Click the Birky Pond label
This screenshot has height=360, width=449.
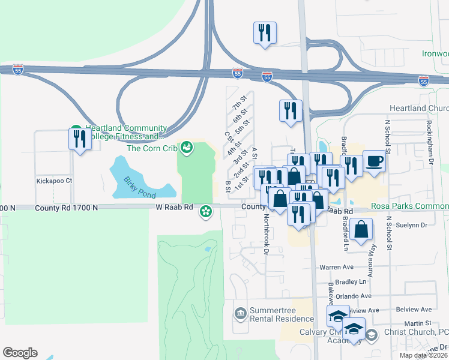[140, 187]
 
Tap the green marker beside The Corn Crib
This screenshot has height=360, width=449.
[187, 148]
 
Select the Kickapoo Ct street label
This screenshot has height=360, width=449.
[54, 180]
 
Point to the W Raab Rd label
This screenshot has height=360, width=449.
[175, 207]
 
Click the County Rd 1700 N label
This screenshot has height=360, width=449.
[66, 208]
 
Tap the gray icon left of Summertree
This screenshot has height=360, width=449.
[240, 313]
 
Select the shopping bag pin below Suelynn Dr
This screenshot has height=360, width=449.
[361, 229]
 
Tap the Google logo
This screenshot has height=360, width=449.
[20, 352]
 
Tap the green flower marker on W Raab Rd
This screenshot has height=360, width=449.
[206, 211]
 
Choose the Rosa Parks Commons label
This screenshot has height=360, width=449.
[409, 206]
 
